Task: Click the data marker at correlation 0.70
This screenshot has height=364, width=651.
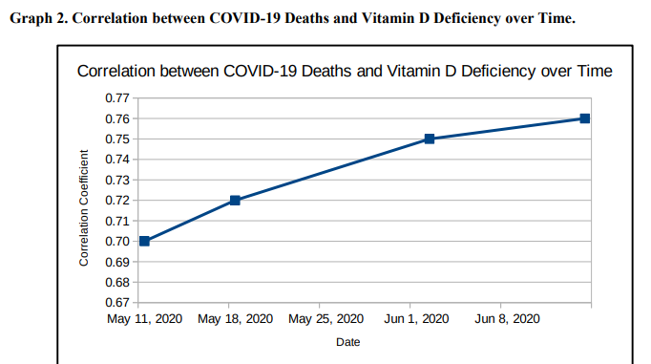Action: coord(144,241)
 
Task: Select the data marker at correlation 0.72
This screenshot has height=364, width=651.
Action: coord(235,201)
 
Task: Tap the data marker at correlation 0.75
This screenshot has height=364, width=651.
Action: coord(430,139)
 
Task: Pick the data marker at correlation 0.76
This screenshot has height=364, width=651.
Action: coord(585,118)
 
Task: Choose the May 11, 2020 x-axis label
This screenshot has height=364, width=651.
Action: coord(144,319)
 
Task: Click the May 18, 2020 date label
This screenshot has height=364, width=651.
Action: coord(235,319)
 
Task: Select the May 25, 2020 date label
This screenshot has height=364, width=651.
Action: coord(325,319)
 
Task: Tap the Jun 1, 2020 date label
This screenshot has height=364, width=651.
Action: coord(416,319)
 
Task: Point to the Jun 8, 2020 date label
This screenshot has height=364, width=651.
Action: coord(507,319)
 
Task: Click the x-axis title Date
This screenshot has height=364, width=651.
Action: coord(347,342)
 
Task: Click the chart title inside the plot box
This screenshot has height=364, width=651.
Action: coord(344,72)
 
